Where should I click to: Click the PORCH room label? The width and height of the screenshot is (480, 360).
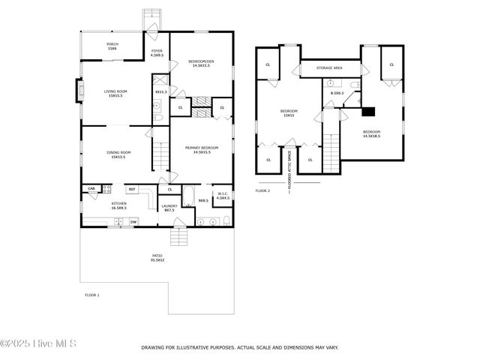pyautogui.click(x=112, y=44)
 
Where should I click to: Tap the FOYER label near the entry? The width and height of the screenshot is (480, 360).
pyautogui.click(x=157, y=50)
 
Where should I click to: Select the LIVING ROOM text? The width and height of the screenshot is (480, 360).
pyautogui.click(x=115, y=91)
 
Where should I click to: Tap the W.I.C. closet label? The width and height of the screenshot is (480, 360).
pyautogui.click(x=222, y=193)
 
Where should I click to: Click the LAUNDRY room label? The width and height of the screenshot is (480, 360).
pyautogui.click(x=169, y=206)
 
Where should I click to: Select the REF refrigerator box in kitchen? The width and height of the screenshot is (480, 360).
pyautogui.click(x=131, y=189)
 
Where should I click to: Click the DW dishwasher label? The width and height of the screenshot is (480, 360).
pyautogui.click(x=133, y=221)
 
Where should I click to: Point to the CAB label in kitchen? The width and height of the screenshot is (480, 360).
pyautogui.click(x=91, y=188)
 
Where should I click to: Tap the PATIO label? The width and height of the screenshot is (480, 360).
pyautogui.click(x=157, y=256)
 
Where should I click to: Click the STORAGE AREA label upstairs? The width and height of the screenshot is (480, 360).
pyautogui.click(x=329, y=68)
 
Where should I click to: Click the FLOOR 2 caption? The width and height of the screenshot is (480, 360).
pyautogui.click(x=262, y=190)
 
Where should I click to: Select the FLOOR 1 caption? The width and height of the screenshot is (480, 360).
pyautogui.click(x=91, y=295)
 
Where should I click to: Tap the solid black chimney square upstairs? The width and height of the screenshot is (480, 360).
pyautogui.click(x=368, y=112)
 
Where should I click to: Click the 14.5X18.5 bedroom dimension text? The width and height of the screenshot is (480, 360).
pyautogui.click(x=371, y=136)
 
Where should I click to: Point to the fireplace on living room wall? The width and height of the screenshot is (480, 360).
pyautogui.click(x=76, y=91)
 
